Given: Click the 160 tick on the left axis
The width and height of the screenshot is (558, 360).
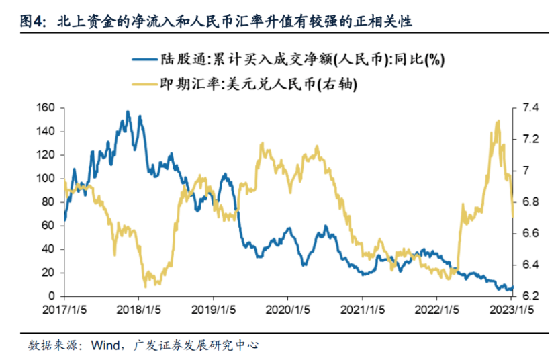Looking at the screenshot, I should [45, 107].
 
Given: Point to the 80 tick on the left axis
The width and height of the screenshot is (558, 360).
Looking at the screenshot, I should [48, 202].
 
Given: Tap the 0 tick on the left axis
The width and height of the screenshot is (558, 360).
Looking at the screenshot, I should [50, 296].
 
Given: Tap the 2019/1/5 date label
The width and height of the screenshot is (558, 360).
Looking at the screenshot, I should [213, 311].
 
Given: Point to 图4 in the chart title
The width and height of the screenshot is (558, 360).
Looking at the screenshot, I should [33, 21].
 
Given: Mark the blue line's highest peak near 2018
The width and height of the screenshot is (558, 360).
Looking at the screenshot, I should [128, 111].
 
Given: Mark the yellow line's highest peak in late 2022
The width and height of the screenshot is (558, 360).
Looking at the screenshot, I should [498, 121].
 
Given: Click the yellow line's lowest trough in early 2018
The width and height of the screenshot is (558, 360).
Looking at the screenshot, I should [146, 287].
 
